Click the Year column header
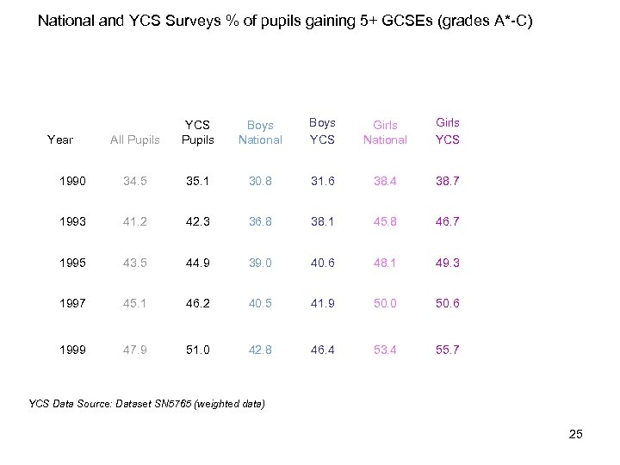pos(60,139)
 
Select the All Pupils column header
pos(135,139)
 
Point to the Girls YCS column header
pos(448,131)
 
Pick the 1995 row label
pos(73,263)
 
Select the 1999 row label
pos(73,350)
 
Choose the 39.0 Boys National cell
pos(260,263)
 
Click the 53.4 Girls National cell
pos(385,350)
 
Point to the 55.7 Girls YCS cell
pos(448,350)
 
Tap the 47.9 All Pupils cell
pos(135,350)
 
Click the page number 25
pos(576,434)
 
